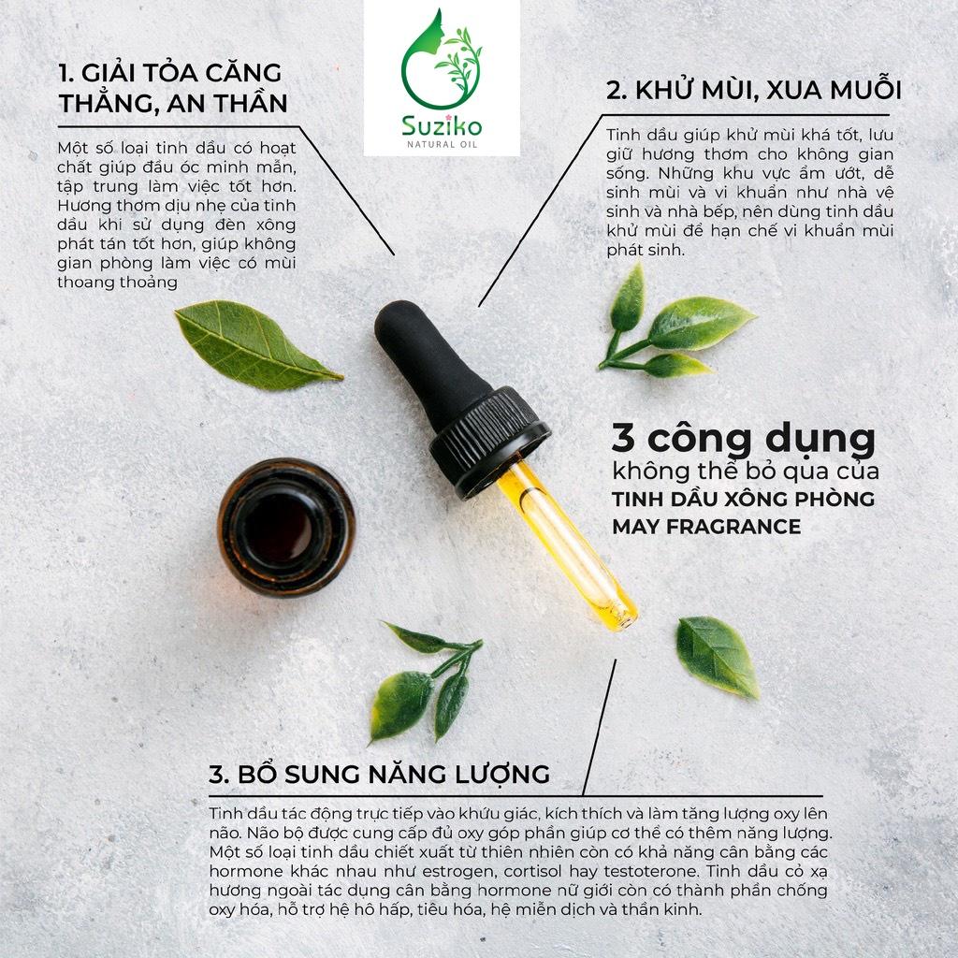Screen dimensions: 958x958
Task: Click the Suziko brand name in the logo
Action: [442, 126]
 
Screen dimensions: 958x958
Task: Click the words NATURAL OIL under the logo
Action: [442, 144]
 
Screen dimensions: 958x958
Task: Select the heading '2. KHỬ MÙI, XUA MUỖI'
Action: [753, 90]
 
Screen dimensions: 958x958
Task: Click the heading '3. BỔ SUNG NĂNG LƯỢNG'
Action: [379, 774]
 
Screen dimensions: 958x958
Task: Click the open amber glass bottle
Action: [286, 527]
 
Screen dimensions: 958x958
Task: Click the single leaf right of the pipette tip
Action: [718, 656]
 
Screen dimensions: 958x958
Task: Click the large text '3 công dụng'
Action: [744, 438]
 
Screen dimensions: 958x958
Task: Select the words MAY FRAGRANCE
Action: [706, 526]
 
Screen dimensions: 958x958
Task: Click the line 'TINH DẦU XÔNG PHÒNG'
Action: [743, 499]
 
